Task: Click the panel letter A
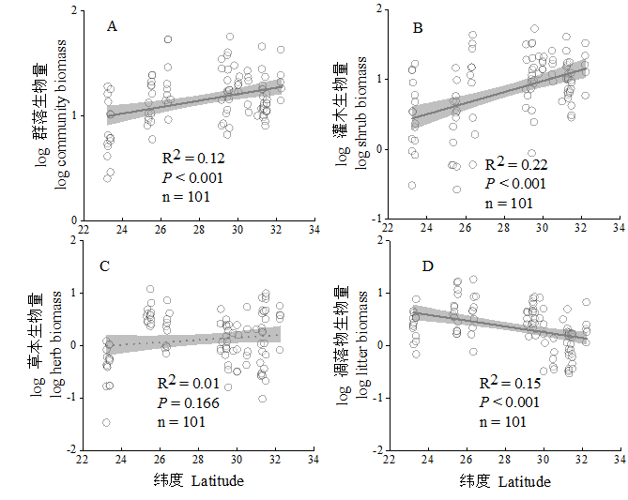pos(112,26)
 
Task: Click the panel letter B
pos(418,29)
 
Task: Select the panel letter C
pos(106,266)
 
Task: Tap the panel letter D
pos(427,267)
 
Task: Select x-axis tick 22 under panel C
pos(84,461)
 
